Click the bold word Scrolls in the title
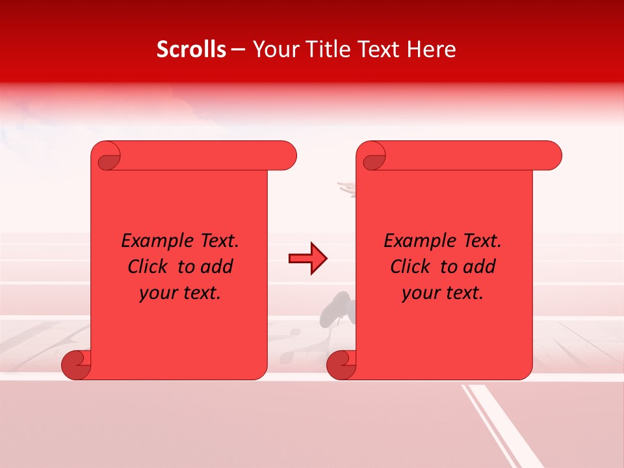point(191,49)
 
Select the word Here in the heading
point(431,49)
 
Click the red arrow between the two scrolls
point(307,259)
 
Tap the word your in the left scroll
point(157,293)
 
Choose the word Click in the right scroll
point(410,266)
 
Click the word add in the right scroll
point(480,266)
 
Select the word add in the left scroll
point(217,266)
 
